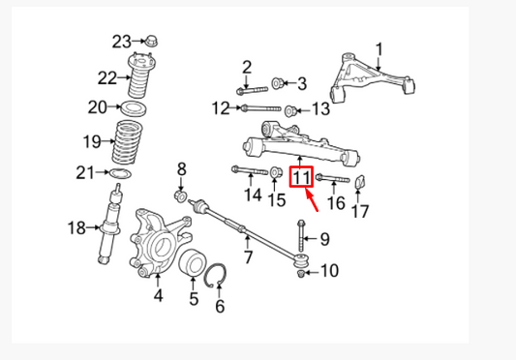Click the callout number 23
(120, 41)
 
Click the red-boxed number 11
(301, 177)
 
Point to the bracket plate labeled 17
(360, 183)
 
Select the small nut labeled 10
(302, 273)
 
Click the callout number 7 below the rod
(249, 257)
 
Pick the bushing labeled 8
(179, 197)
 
